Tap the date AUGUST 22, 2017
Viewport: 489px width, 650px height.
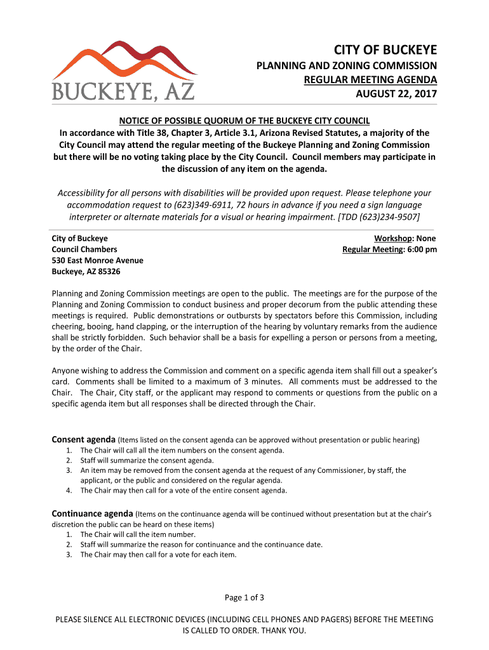pos(396,95)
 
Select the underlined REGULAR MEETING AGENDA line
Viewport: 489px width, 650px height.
pos(371,80)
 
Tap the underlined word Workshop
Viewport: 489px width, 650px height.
pos(392,238)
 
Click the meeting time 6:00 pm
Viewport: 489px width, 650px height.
pos(422,249)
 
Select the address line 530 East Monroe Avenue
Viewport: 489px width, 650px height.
pos(97,260)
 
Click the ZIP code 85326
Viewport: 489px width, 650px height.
pos(108,272)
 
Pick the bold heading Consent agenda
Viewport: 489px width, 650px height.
pos(83,439)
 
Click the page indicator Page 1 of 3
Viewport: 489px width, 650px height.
pos(245,597)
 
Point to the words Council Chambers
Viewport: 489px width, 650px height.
pos(84,249)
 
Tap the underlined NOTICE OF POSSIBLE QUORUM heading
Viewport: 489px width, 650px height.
pos(245,121)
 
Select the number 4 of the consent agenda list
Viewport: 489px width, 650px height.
pos(68,490)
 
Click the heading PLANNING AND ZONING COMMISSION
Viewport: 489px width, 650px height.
pos(346,65)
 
